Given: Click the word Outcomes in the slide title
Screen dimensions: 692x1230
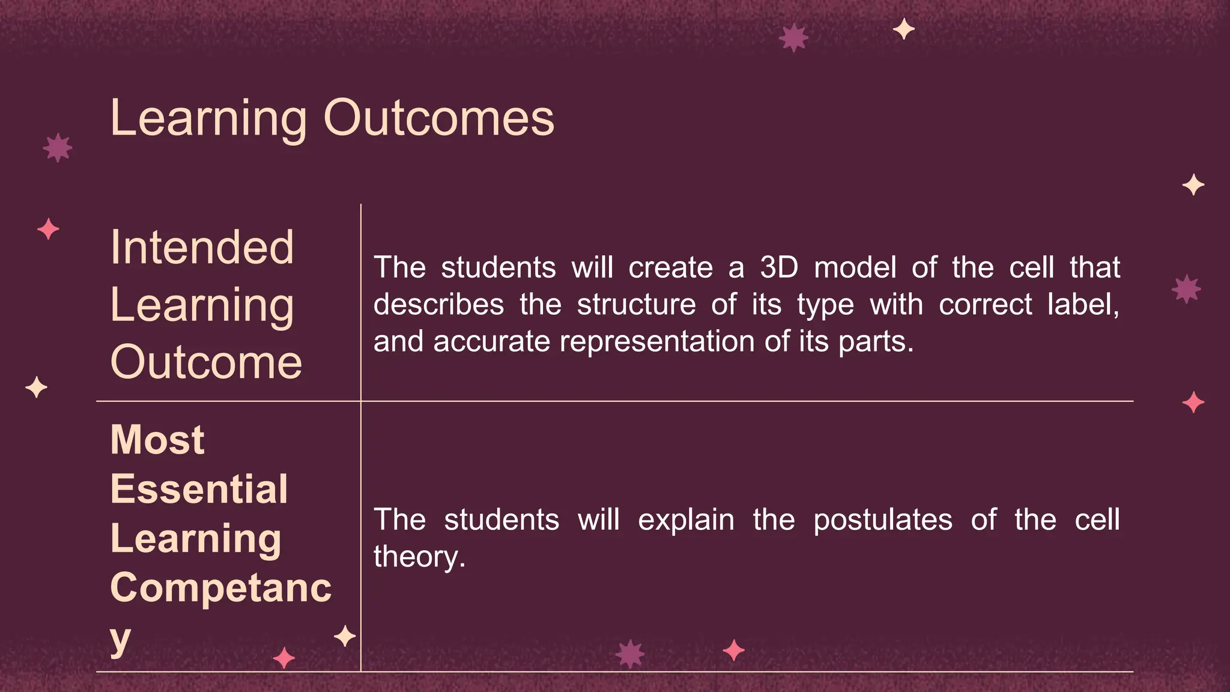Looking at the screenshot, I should coord(438,118).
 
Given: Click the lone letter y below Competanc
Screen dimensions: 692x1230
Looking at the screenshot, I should coord(120,639).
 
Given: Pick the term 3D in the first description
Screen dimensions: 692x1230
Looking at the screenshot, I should coord(779,267).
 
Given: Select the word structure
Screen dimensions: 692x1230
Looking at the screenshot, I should coord(637,305).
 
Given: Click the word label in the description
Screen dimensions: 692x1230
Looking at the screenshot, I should coord(1082,305).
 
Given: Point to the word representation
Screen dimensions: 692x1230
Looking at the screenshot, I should coord(657,342).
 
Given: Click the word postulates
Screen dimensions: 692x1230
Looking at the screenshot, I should coord(882,520).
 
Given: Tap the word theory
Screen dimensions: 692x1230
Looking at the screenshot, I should coord(419,557).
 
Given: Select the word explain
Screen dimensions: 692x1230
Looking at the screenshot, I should coord(686,520).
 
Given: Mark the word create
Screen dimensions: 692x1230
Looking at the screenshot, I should coord(670,267).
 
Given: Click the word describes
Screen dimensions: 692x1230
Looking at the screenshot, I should coord(438,305).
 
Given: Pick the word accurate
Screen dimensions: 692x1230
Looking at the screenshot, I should coord(491,342).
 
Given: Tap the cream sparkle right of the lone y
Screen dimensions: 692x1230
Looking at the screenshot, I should coord(345,636).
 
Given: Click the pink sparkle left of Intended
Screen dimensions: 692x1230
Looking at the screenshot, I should coord(48,229).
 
